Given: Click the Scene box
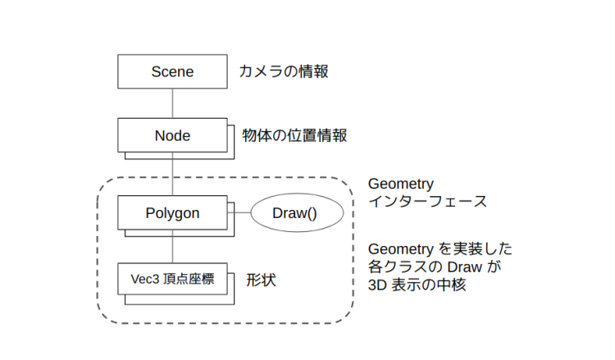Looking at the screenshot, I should [x=172, y=71].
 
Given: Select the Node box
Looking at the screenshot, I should [x=172, y=135].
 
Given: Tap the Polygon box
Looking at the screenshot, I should [x=172, y=212].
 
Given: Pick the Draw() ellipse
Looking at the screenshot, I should [x=294, y=213].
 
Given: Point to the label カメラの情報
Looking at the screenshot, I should [x=284, y=71].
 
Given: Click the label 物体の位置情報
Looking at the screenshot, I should [x=294, y=135].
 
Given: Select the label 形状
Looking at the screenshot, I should [x=262, y=280].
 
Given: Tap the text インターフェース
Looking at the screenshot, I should [x=427, y=202].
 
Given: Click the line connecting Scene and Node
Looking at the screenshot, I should [x=172, y=103].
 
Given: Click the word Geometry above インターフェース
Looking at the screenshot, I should [x=401, y=183].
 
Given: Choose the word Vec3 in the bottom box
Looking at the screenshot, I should [x=144, y=280].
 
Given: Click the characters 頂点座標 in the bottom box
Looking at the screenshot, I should [x=189, y=280].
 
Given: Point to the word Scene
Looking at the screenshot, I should [x=172, y=71].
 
